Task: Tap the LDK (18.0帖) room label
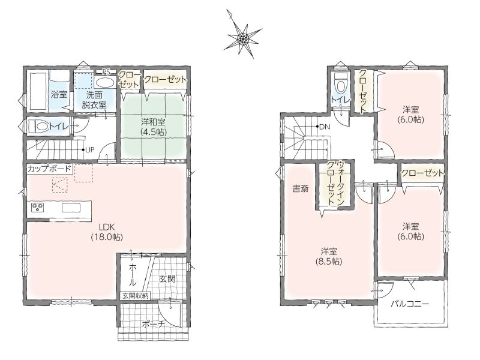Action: click(107, 232)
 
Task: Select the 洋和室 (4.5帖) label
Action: click(154, 127)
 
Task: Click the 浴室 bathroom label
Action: click(59, 94)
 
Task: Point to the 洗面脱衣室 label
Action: click(94, 100)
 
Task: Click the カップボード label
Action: click(49, 169)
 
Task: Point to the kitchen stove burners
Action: click(38, 208)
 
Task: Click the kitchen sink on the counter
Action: click(71, 208)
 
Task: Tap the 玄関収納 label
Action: click(136, 296)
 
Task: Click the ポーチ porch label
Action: click(154, 324)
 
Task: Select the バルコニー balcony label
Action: click(410, 304)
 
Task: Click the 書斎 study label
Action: click(301, 188)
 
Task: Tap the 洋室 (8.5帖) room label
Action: click(329, 257)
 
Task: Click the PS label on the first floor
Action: click(106, 72)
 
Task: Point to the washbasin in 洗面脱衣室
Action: click(104, 82)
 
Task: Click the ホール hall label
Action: click(133, 274)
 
